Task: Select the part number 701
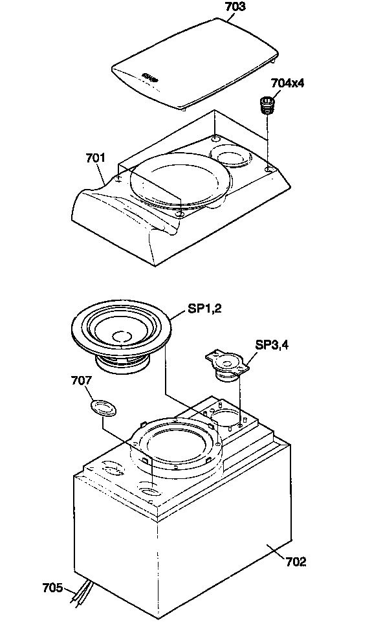click(x=96, y=157)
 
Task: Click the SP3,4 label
click(x=272, y=345)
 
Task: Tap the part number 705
click(x=52, y=588)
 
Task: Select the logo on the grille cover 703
click(x=150, y=76)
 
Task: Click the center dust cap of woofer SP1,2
click(x=122, y=336)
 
